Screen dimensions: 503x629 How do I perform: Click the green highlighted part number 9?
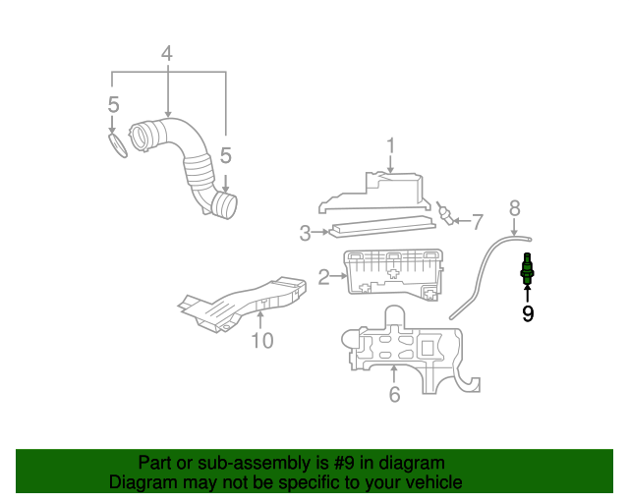pyautogui.click(x=528, y=269)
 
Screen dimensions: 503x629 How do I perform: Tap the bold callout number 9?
pyautogui.click(x=528, y=314)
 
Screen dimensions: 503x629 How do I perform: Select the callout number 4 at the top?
pyautogui.click(x=168, y=54)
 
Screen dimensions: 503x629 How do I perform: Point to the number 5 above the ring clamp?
pyautogui.click(x=114, y=104)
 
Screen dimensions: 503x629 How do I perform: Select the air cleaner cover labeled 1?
pyautogui.click(x=378, y=193)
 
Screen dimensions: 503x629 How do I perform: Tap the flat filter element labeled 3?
pyautogui.click(x=383, y=227)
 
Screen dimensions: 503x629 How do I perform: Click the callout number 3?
pyautogui.click(x=305, y=233)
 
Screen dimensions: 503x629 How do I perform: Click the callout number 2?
pyautogui.click(x=324, y=278)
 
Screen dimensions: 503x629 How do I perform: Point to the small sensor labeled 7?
pyautogui.click(x=446, y=213)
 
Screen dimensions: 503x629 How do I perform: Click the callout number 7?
pyautogui.click(x=478, y=221)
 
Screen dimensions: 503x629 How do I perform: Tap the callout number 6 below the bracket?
pyautogui.click(x=394, y=395)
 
